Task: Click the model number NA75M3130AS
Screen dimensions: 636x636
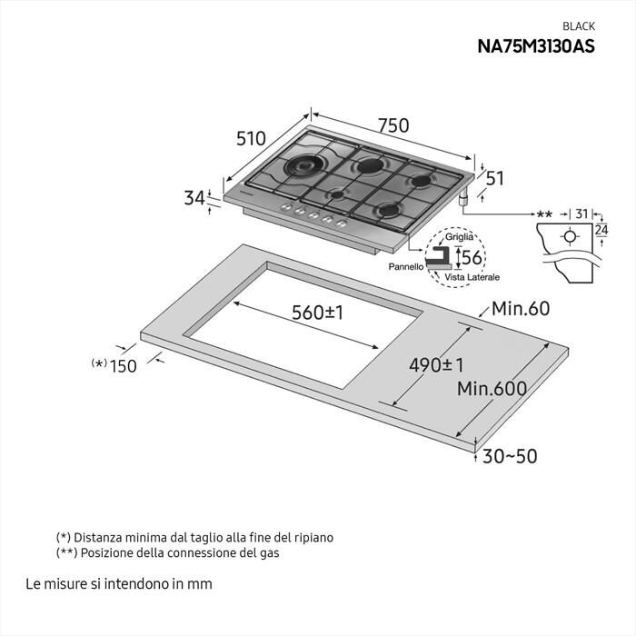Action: tap(536, 46)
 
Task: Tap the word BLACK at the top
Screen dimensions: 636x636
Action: tap(579, 26)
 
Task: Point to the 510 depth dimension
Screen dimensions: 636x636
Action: tap(251, 138)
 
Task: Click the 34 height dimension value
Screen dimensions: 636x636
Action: tap(194, 197)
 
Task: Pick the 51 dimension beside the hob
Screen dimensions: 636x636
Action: tap(494, 178)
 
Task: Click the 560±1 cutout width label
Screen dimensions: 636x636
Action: tap(317, 313)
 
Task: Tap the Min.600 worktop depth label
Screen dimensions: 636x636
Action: tap(492, 389)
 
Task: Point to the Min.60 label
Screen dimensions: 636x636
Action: tap(521, 309)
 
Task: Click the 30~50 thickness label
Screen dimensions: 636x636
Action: tap(510, 456)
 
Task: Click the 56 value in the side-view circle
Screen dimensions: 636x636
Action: tap(472, 258)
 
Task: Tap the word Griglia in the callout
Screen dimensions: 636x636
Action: tap(460, 236)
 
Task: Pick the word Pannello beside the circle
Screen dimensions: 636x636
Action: tap(406, 267)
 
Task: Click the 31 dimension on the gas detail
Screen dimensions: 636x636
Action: tap(581, 214)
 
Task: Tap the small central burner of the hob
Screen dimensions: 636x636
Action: tap(337, 194)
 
